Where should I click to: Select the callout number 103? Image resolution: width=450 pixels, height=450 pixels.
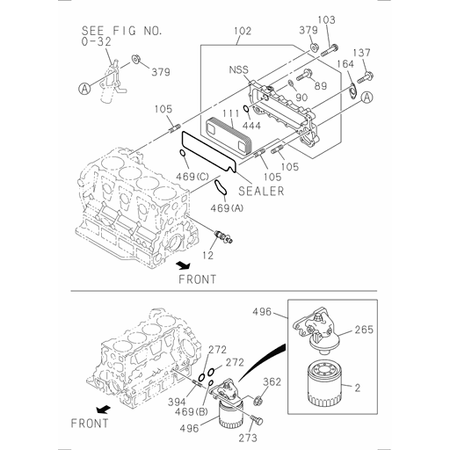pyautogui.click(x=325, y=19)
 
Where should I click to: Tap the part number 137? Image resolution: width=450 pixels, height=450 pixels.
pyautogui.click(x=362, y=53)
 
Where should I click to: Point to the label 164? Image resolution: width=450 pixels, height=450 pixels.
pyautogui.click(x=345, y=63)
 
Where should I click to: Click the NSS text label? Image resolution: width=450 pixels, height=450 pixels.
pyautogui.click(x=240, y=69)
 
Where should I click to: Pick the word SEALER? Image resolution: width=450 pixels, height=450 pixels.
pyautogui.click(x=261, y=191)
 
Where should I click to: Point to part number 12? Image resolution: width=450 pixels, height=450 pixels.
pyautogui.click(x=207, y=255)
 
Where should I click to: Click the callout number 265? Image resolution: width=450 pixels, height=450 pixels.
pyautogui.click(x=364, y=330)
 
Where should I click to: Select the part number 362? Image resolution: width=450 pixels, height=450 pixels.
pyautogui.click(x=272, y=381)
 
